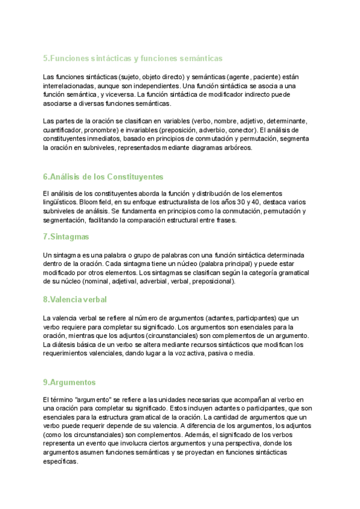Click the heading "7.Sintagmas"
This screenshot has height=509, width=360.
click(x=65, y=237)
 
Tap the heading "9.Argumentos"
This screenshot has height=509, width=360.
click(x=69, y=382)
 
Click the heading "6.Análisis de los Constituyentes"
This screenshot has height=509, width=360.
click(x=103, y=176)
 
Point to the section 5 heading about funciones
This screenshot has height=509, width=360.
click(x=133, y=58)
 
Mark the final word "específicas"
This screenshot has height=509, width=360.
click(x=61, y=462)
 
